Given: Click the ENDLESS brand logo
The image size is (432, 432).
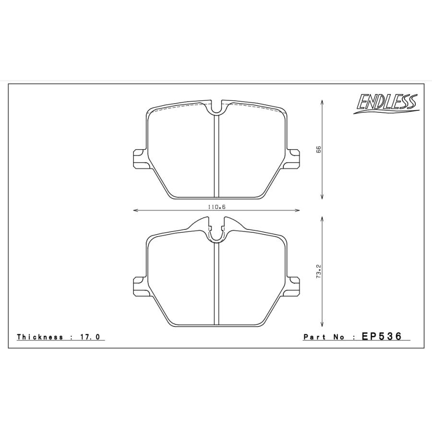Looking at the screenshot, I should pyautogui.click(x=386, y=104).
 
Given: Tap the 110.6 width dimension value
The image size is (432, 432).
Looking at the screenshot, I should pyautogui.click(x=217, y=206).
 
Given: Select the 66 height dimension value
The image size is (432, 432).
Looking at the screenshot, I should pyautogui.click(x=318, y=149).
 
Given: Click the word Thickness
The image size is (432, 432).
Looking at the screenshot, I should pyautogui.click(x=40, y=337).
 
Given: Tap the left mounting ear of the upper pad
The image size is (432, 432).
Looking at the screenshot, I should pyautogui.click(x=139, y=159).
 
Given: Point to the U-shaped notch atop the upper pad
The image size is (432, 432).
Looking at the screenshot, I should pyautogui.click(x=217, y=108).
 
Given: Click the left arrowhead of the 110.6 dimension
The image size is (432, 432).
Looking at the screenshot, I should pyautogui.click(x=135, y=210).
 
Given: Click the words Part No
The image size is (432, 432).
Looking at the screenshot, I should pyautogui.click(x=324, y=337).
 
